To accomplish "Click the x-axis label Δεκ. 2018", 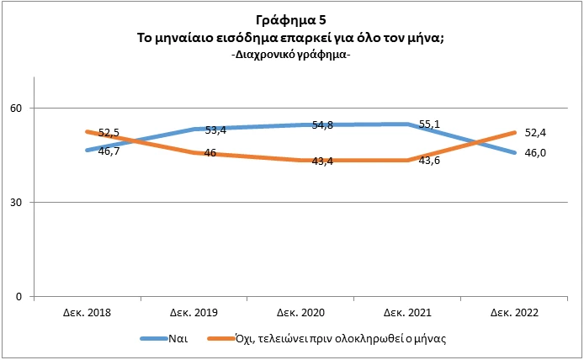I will [x=88, y=312].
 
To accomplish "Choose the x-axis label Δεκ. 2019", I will [x=194, y=312].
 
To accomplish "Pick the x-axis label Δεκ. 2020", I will [x=300, y=312].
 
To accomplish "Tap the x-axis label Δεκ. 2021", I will [x=407, y=312].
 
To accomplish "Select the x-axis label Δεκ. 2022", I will [x=514, y=312].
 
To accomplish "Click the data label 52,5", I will [x=110, y=133].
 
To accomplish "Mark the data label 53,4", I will [x=216, y=130].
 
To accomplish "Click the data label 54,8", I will [x=323, y=124].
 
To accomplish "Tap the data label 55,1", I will [x=429, y=124].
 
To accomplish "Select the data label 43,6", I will [x=429, y=160].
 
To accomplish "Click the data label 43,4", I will [x=323, y=161].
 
